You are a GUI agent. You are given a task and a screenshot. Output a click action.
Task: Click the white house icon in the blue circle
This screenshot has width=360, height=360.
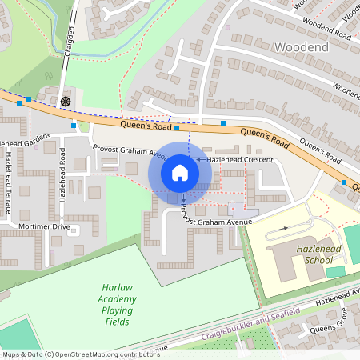[180, 172]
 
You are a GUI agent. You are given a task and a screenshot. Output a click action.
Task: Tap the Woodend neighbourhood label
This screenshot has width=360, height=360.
[301, 48]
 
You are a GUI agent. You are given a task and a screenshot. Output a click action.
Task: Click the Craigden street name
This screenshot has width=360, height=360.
[70, 39]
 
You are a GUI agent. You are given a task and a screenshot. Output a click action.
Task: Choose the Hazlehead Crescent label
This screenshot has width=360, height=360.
[240, 160]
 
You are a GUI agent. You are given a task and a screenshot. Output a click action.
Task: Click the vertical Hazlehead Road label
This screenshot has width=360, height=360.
[62, 173]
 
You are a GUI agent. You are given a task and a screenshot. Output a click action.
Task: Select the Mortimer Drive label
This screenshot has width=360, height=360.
[44, 226]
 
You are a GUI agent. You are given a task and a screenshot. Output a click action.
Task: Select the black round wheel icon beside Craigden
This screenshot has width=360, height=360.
[65, 101]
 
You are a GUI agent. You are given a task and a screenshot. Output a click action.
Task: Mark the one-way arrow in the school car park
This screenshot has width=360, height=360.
[282, 229]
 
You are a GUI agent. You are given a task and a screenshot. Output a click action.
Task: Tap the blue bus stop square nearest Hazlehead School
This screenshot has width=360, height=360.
[344, 182]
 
